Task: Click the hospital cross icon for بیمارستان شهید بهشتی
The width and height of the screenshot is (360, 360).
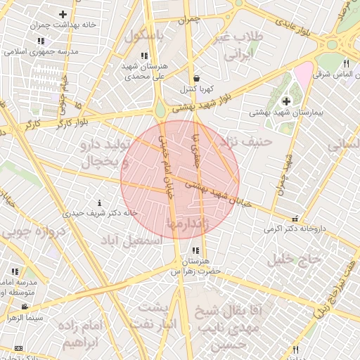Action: pyautogui.click(x=286, y=101)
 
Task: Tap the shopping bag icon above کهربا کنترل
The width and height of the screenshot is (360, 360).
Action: pyautogui.click(x=195, y=78)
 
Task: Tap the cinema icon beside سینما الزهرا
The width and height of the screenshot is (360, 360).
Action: pyautogui.click(x=25, y=307)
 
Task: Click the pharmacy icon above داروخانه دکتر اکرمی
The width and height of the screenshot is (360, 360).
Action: pyautogui.click(x=295, y=219)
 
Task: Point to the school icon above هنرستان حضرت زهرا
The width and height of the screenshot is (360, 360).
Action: pyautogui.click(x=195, y=250)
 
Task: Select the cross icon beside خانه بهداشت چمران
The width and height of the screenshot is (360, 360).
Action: pyautogui.click(x=63, y=14)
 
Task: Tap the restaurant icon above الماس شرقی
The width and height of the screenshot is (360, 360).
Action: pyautogui.click(x=346, y=64)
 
